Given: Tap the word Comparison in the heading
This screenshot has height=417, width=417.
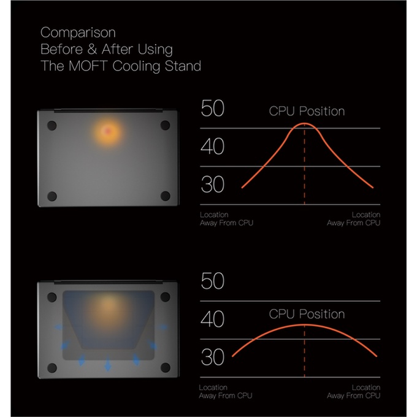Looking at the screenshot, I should pyautogui.click(x=78, y=32).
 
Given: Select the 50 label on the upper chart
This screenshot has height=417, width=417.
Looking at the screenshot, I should pyautogui.click(x=213, y=109).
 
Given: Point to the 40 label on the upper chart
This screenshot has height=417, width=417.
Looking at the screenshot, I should pyautogui.click(x=213, y=147).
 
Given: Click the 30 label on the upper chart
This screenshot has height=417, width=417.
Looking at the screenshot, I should pyautogui.click(x=213, y=185).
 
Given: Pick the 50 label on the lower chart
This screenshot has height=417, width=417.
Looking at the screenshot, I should pyautogui.click(x=213, y=281).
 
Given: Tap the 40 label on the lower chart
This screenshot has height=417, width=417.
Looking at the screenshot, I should pyautogui.click(x=213, y=319).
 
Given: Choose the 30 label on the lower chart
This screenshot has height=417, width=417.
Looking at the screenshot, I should pyautogui.click(x=213, y=357).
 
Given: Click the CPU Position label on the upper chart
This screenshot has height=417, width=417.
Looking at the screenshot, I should pyautogui.click(x=307, y=112).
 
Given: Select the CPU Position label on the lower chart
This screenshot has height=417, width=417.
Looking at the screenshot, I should pyautogui.click(x=307, y=314).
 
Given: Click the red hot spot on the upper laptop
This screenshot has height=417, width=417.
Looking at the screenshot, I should pyautogui.click(x=108, y=131).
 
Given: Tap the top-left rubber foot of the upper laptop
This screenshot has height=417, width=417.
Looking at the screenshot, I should pyautogui.click(x=52, y=125).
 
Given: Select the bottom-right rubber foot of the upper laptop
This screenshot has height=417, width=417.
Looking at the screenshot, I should pyautogui.click(x=165, y=196).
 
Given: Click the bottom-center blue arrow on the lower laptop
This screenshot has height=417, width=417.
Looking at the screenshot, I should pyautogui.click(x=108, y=365).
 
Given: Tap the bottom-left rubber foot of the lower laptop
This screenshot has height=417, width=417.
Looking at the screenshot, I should pyautogui.click(x=52, y=368).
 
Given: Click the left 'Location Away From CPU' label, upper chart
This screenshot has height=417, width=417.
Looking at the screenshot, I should pyautogui.click(x=226, y=219).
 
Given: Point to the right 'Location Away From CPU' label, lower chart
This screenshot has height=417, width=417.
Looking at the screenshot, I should pyautogui.click(x=354, y=392).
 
